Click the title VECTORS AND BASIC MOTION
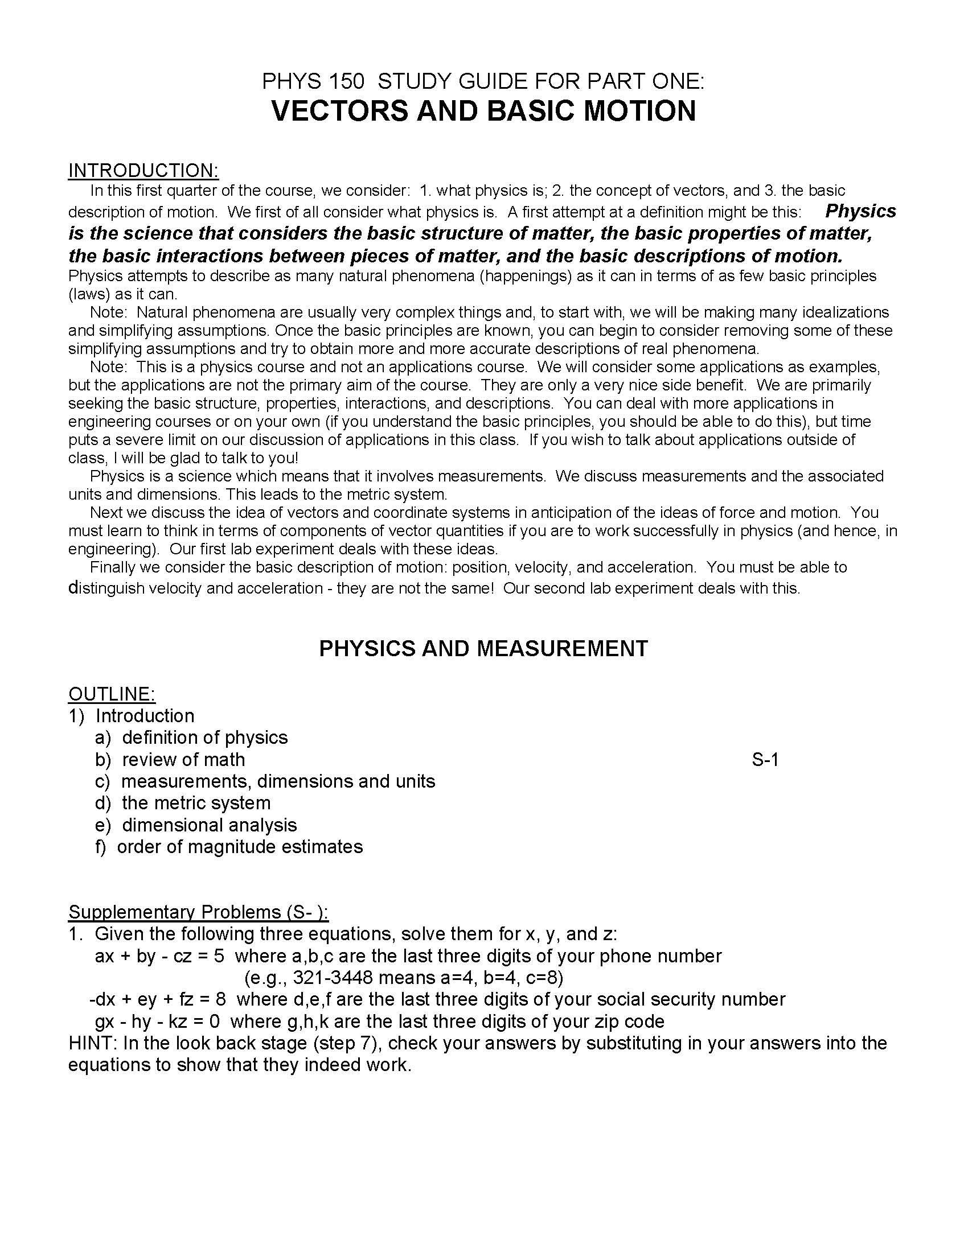click(483, 111)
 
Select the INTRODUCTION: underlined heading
click(143, 170)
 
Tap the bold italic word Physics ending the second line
click(860, 211)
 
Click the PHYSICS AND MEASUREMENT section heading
click(483, 648)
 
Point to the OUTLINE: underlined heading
click(112, 694)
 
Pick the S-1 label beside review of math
click(765, 760)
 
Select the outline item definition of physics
click(204, 737)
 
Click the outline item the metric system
click(195, 802)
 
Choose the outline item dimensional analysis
click(209, 825)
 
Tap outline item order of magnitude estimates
click(240, 847)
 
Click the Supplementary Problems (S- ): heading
click(198, 912)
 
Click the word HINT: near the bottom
click(93, 1043)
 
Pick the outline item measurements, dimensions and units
click(278, 781)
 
